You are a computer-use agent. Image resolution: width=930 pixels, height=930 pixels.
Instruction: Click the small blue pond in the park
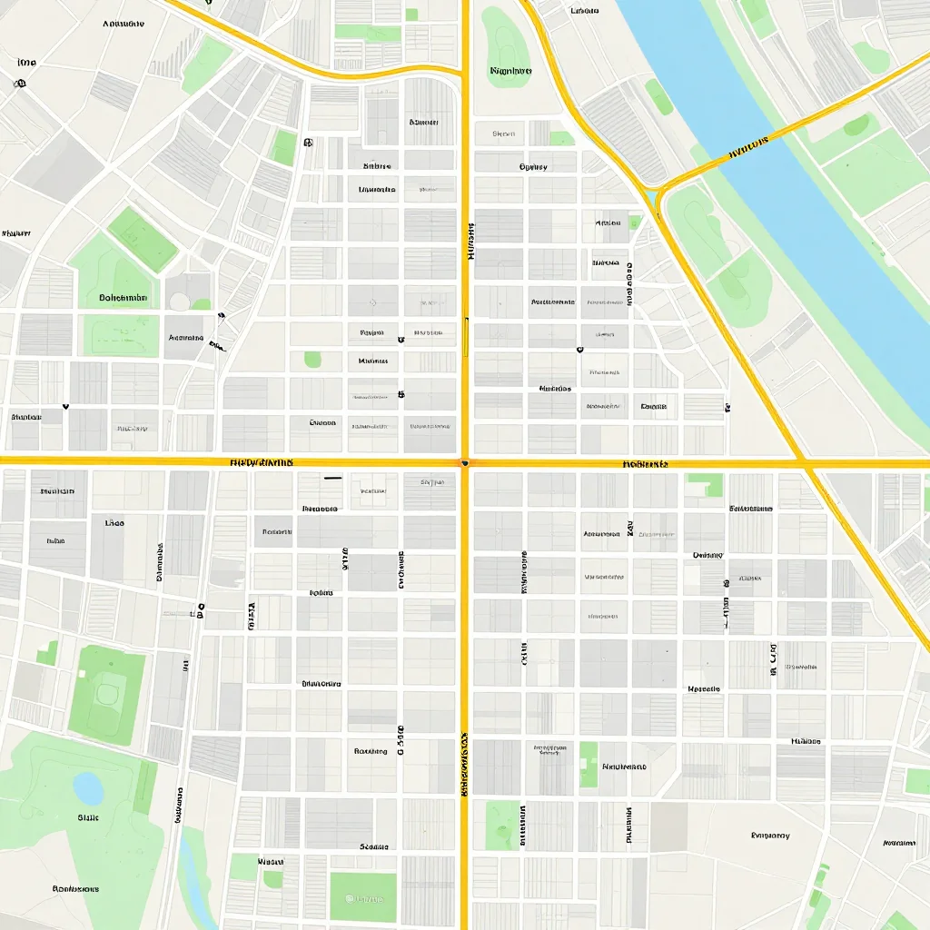[x=88, y=788]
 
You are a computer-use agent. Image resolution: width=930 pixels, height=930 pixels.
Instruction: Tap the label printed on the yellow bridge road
[x=749, y=148]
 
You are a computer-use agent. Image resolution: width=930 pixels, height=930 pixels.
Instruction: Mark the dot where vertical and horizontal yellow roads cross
[x=465, y=462]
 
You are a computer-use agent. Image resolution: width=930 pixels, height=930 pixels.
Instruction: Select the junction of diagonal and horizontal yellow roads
[x=805, y=463]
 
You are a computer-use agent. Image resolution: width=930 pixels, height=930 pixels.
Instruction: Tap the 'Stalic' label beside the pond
[x=88, y=817]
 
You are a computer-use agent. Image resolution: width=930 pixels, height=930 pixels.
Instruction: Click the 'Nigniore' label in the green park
[x=510, y=70]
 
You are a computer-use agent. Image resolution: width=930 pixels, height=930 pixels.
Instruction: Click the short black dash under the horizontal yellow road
[x=332, y=476]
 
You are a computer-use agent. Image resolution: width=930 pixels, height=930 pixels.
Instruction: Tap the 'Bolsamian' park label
[x=123, y=298]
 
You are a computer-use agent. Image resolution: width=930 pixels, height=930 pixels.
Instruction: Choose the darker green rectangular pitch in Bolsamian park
[x=143, y=239]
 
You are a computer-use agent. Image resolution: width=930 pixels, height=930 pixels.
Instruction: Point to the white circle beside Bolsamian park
[x=179, y=302]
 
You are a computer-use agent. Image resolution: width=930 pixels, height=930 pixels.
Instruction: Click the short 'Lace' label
[x=114, y=523]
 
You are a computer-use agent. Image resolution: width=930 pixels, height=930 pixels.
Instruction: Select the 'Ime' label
[x=26, y=63]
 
